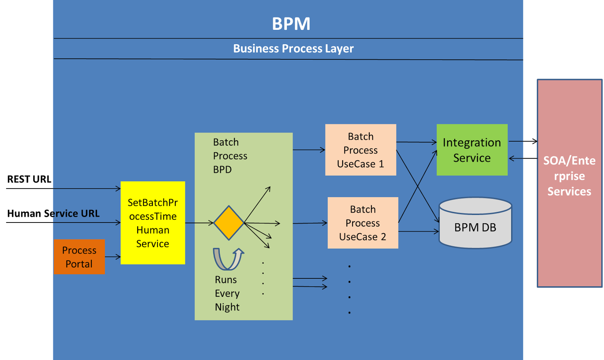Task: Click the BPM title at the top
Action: (x=291, y=24)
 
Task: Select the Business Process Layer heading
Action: (x=293, y=49)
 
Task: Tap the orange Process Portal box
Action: (x=79, y=257)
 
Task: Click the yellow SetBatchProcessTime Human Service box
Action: (x=153, y=223)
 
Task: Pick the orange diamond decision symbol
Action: (x=229, y=223)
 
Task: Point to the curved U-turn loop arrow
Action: (x=228, y=259)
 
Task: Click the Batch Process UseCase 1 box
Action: (x=361, y=150)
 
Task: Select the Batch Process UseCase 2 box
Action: (x=363, y=223)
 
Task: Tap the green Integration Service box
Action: (x=472, y=150)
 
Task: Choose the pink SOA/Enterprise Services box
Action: (x=569, y=183)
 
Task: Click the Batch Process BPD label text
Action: (x=230, y=156)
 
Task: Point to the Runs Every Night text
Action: (x=227, y=294)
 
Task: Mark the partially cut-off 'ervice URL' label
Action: (x=76, y=213)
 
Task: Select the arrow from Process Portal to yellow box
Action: (x=112, y=257)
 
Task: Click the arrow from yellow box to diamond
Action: (x=199, y=223)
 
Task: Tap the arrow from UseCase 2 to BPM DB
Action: (x=418, y=232)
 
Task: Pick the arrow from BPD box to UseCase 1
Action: (x=308, y=150)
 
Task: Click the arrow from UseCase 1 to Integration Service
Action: (x=416, y=142)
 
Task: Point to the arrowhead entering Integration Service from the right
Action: (x=512, y=159)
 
